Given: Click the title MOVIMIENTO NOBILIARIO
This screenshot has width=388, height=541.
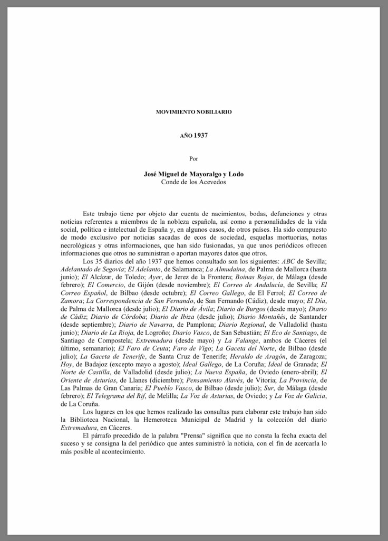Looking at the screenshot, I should [x=193, y=112].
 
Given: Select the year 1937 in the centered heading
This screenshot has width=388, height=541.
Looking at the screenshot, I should [x=200, y=135].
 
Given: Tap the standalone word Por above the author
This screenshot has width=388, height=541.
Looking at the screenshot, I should [x=193, y=158].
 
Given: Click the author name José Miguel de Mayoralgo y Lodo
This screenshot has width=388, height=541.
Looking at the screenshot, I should [x=193, y=174].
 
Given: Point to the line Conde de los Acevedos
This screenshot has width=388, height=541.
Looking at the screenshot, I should [x=193, y=182].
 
